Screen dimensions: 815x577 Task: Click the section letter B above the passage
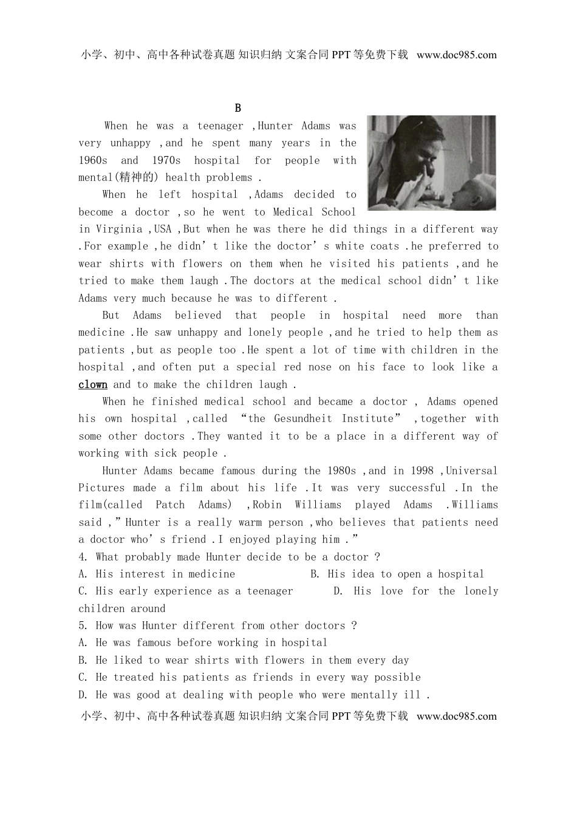click(x=237, y=108)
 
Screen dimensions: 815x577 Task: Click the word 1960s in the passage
click(x=93, y=160)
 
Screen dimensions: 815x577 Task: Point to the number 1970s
click(x=166, y=160)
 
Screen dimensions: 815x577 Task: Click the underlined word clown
click(x=93, y=384)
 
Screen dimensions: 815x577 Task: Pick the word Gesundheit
click(x=303, y=418)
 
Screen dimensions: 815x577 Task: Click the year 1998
click(x=422, y=471)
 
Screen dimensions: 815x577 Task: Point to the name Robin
click(x=267, y=505)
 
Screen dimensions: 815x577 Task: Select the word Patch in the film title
click(x=170, y=505)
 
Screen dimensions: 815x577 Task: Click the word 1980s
click(x=342, y=471)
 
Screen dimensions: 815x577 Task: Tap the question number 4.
click(x=83, y=557)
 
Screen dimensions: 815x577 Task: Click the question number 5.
click(x=83, y=626)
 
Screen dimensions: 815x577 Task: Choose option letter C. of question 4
click(x=83, y=591)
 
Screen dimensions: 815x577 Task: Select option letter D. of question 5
click(x=83, y=695)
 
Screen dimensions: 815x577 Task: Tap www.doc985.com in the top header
click(x=457, y=55)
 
